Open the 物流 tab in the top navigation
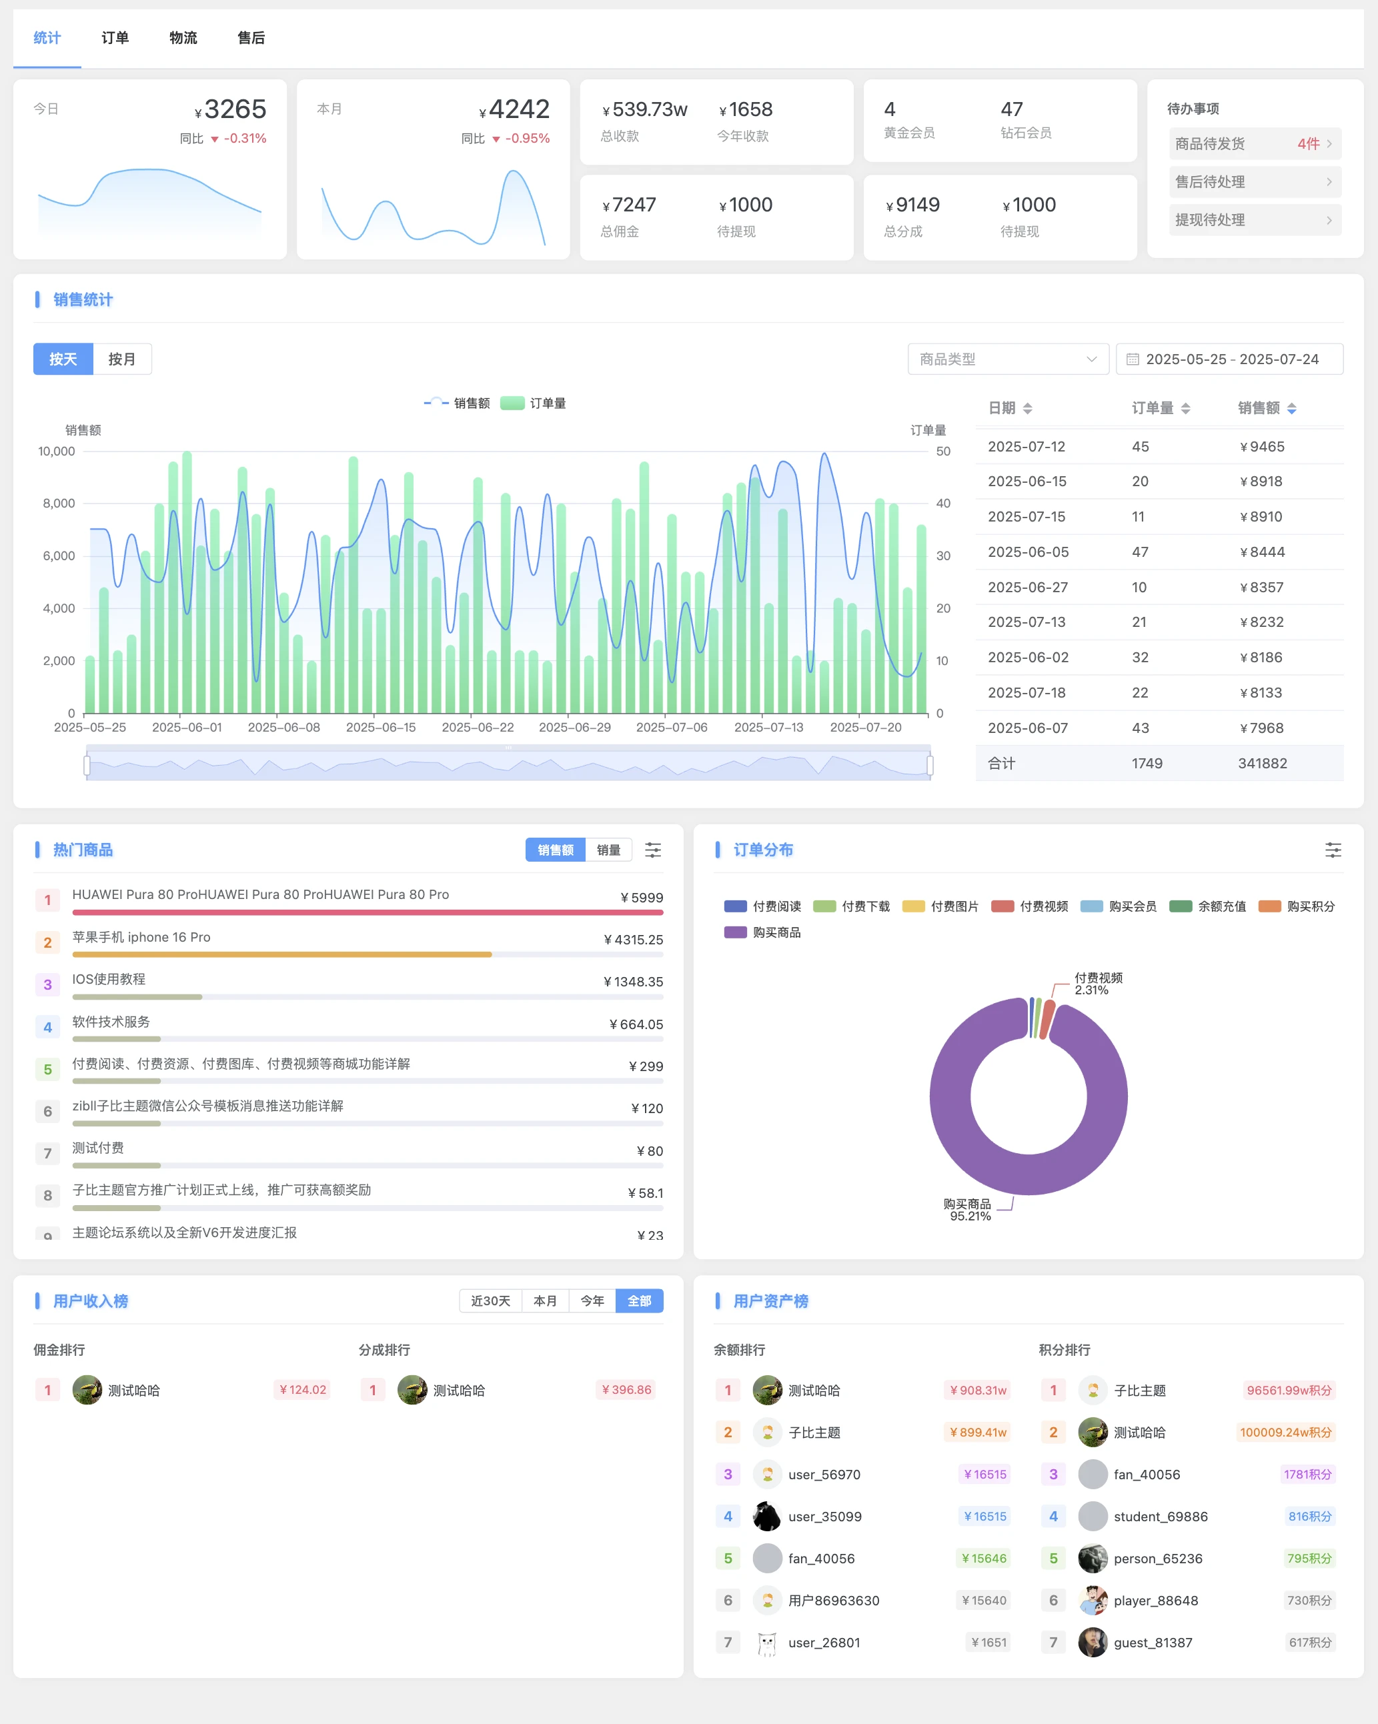coord(183,37)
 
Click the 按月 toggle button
coord(121,359)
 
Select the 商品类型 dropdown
coord(1007,359)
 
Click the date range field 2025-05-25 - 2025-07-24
coord(1230,359)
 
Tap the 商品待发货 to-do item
coord(1254,144)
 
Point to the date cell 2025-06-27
coord(1028,587)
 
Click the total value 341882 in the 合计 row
coord(1262,763)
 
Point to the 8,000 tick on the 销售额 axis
coord(59,503)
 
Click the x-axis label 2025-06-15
coord(381,727)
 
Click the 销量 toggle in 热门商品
coord(608,850)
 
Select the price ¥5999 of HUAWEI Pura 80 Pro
coord(642,897)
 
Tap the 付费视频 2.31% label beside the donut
coord(1097,984)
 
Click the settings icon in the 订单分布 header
coord(1333,850)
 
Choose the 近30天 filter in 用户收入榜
coord(490,1301)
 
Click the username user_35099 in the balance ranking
coord(824,1516)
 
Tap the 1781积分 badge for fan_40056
coord(1307,1474)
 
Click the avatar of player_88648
coord(1093,1600)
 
